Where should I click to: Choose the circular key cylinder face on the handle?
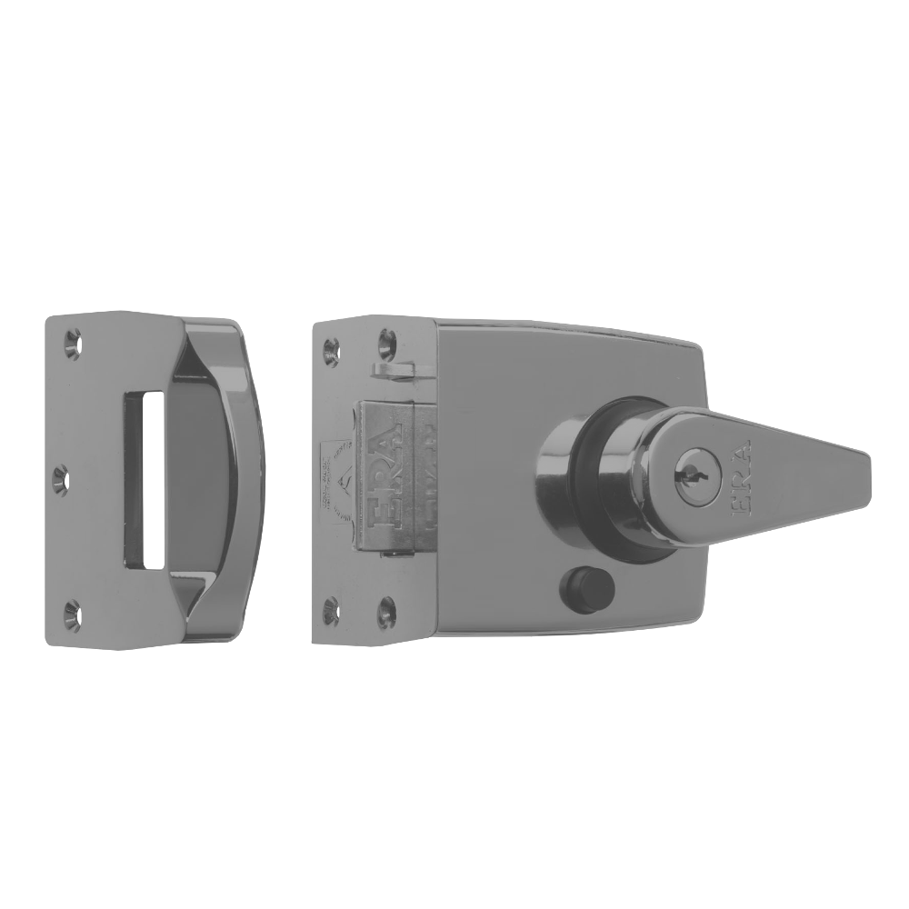[683, 474]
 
